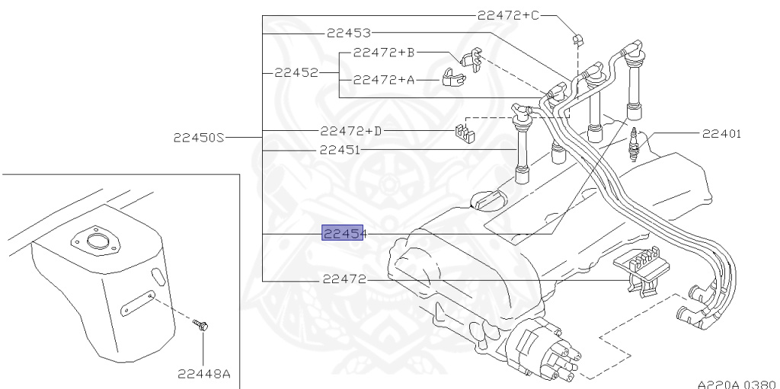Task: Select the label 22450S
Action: (x=199, y=138)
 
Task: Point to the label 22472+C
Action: (x=509, y=15)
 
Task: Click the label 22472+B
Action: (x=384, y=53)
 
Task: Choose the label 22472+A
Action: (x=384, y=78)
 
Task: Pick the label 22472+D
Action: (x=351, y=131)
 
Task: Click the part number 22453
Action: (x=348, y=33)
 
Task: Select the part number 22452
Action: (x=296, y=73)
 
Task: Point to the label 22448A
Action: (x=203, y=373)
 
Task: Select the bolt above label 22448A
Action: (x=202, y=327)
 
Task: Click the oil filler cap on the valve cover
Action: (x=485, y=202)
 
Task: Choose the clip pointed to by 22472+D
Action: (x=462, y=133)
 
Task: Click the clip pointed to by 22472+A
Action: (x=455, y=77)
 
